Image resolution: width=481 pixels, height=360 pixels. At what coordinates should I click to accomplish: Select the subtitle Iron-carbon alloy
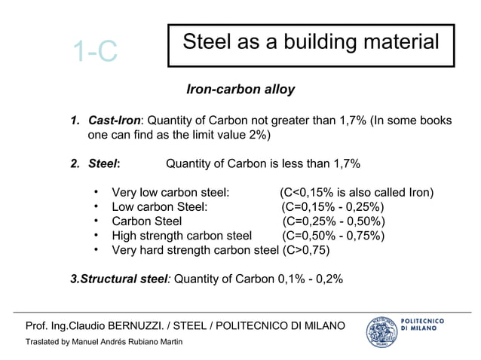pyautogui.click(x=240, y=90)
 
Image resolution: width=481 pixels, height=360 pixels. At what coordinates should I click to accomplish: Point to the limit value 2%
pyautogui.click(x=254, y=136)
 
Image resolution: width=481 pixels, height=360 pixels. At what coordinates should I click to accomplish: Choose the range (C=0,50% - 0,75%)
pyautogui.click(x=332, y=236)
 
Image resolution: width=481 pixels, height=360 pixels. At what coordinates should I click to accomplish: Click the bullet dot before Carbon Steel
pyautogui.click(x=97, y=221)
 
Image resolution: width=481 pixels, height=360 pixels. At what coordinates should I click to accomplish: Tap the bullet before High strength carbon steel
pyautogui.click(x=97, y=235)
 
